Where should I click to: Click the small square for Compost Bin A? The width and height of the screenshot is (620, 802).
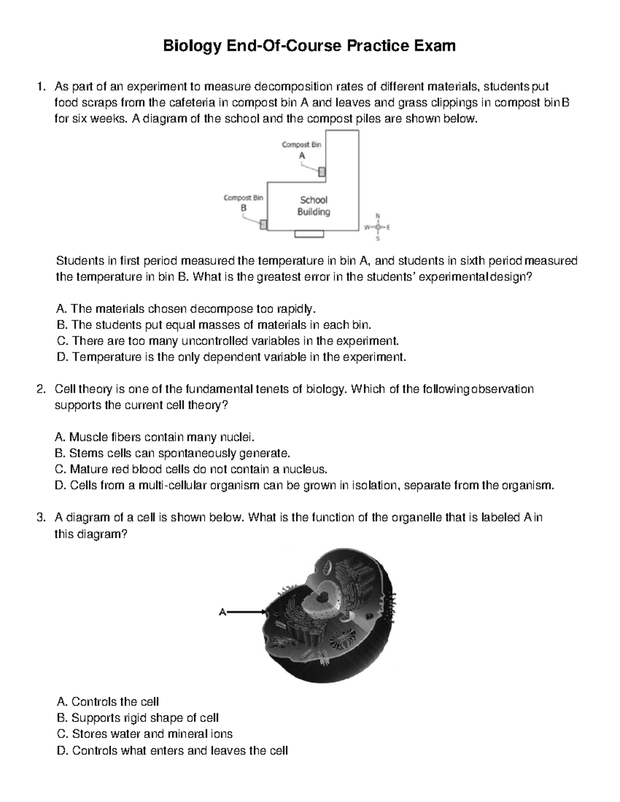(x=321, y=171)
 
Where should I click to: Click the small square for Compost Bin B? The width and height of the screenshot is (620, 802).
(x=263, y=224)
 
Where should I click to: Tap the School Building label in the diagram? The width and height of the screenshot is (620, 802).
(x=314, y=206)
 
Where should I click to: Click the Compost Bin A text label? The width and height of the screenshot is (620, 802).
(x=301, y=150)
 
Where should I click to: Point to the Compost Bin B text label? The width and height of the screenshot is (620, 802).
(x=243, y=202)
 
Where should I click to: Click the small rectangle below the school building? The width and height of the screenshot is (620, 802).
(x=309, y=235)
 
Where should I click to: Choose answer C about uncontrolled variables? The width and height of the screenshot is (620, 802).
(x=227, y=341)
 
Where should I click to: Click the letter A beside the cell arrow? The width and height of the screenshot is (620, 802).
(x=223, y=612)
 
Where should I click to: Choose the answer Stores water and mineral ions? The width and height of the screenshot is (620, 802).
(x=145, y=734)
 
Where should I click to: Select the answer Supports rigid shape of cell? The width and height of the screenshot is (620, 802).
(x=137, y=718)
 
